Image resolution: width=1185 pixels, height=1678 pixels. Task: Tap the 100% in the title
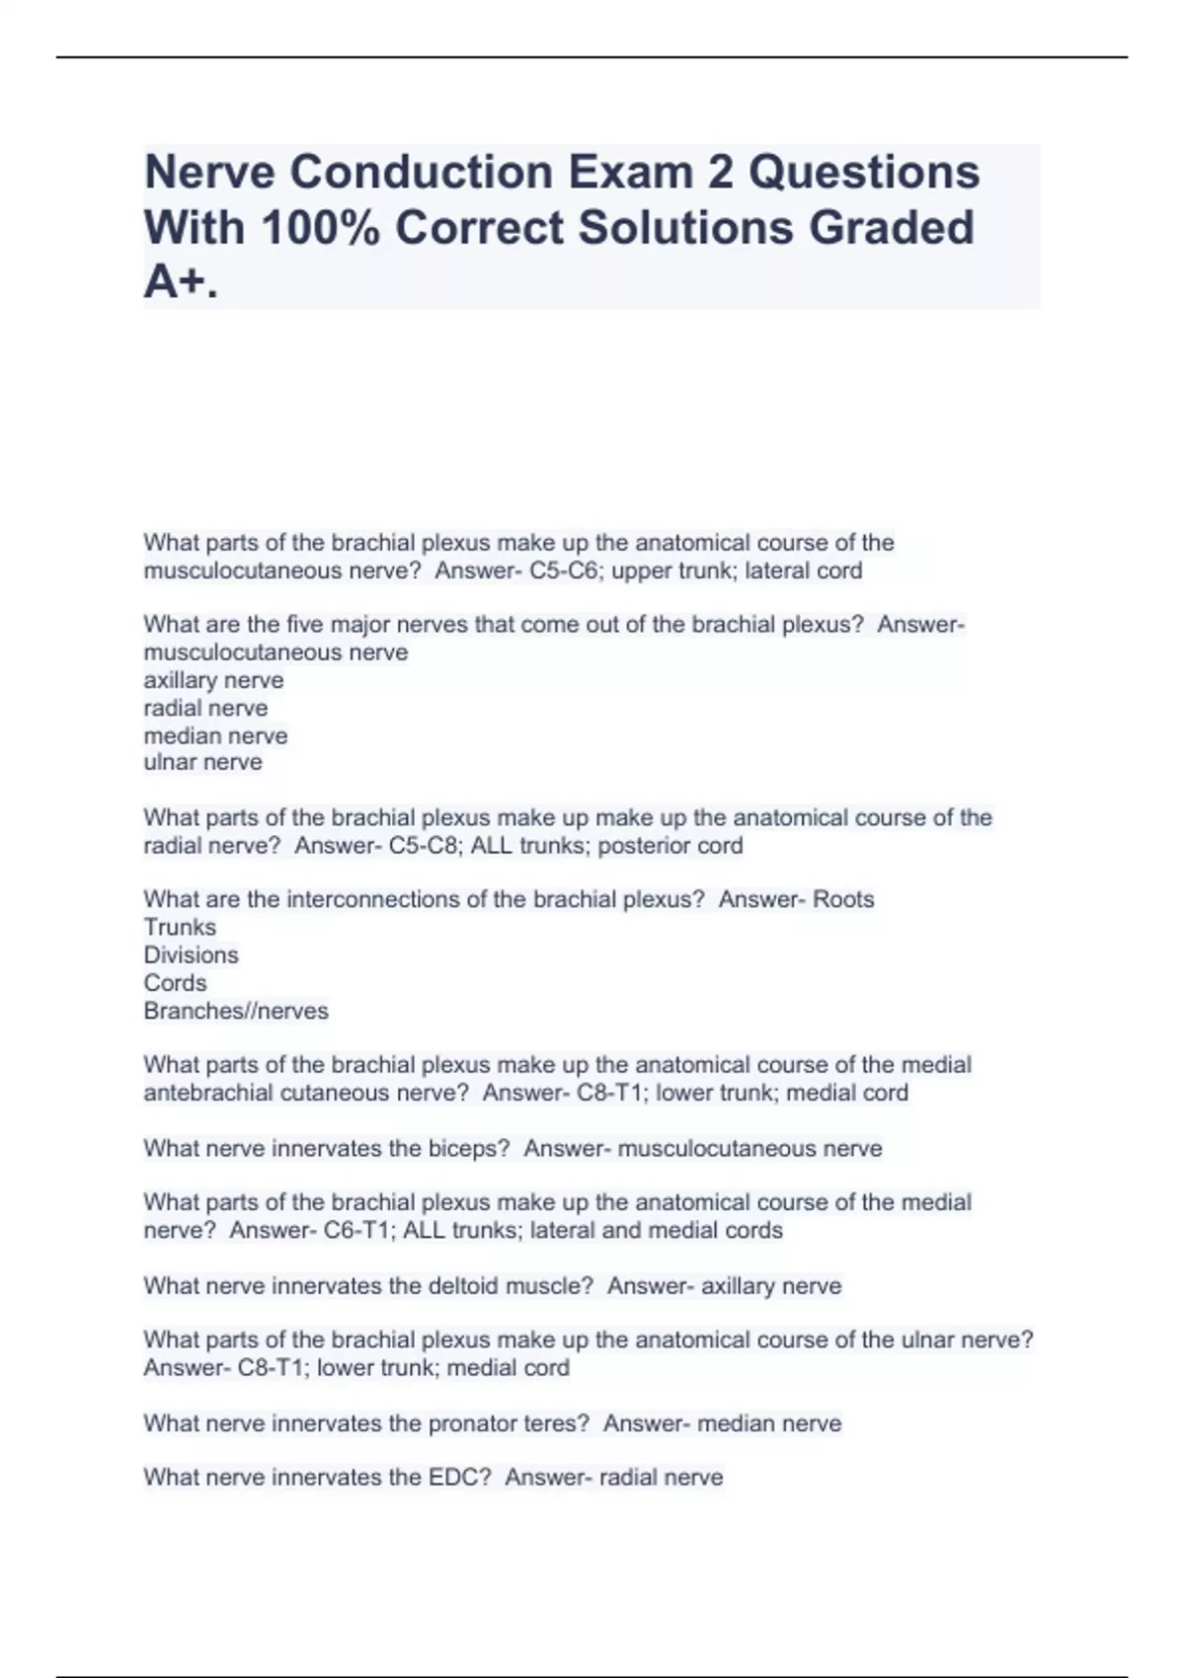coord(321,228)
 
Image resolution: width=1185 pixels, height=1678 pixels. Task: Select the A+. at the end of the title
coord(181,282)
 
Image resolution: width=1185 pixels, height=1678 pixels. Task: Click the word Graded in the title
coord(892,228)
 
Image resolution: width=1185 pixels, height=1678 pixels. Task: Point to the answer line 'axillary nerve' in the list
coord(213,680)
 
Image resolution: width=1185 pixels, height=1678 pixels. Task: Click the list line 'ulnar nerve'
coord(202,762)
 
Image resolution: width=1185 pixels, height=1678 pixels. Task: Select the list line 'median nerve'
coord(215,735)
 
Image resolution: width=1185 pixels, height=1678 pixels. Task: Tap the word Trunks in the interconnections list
coord(180,927)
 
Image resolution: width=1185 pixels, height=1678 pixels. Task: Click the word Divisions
coord(191,954)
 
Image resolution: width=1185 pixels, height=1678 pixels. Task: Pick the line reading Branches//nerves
coord(236,1011)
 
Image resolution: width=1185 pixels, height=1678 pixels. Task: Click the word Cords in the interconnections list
coord(175,983)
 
